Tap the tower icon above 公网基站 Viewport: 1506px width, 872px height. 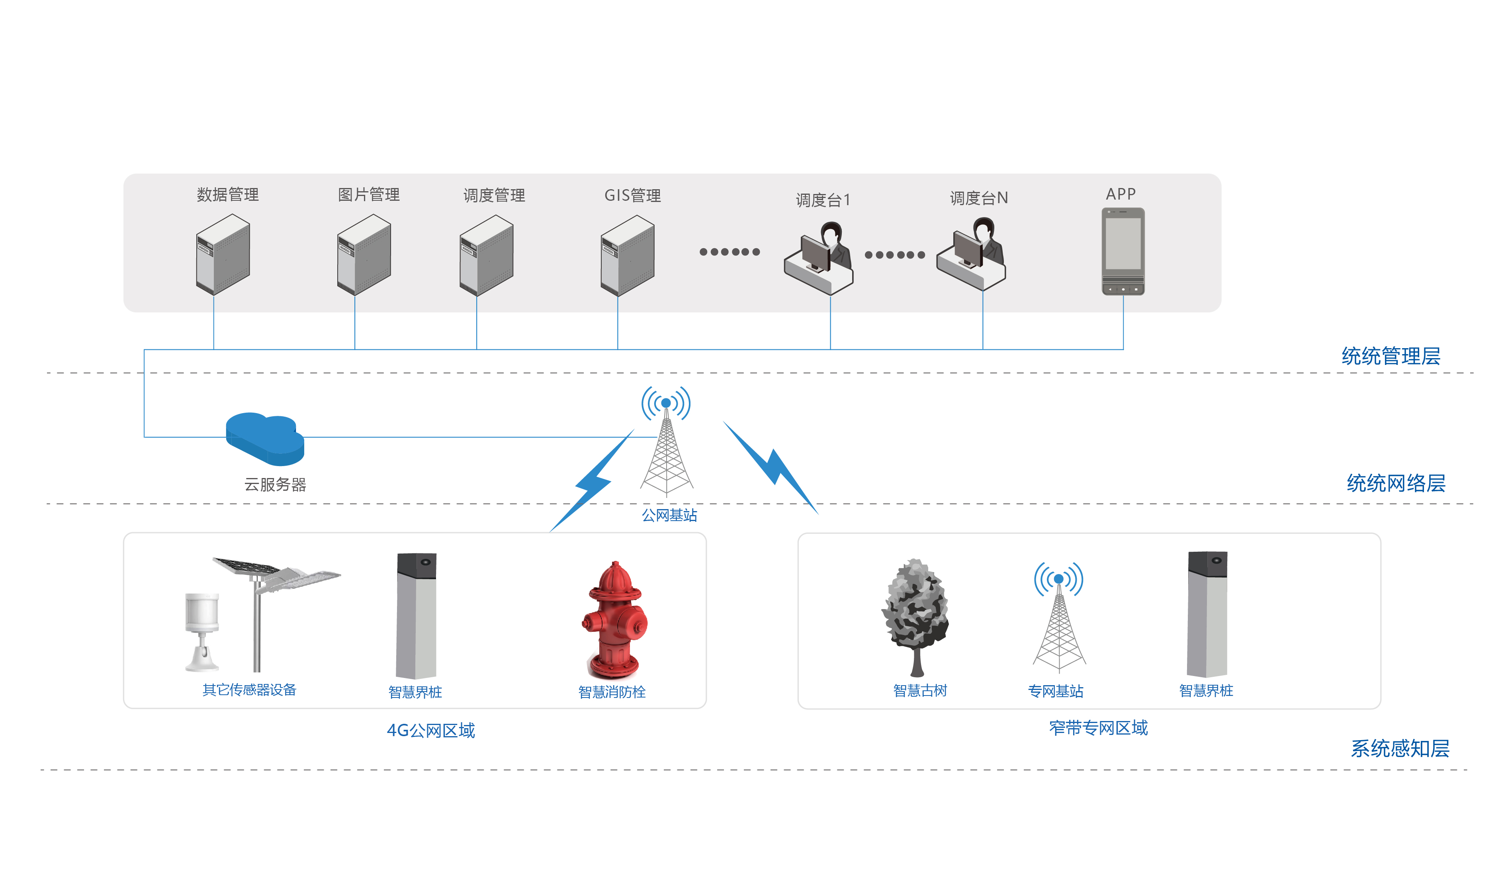click(666, 442)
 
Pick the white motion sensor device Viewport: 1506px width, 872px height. click(201, 631)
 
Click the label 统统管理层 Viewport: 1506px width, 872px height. click(1390, 356)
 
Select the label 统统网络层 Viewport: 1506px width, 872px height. click(1395, 483)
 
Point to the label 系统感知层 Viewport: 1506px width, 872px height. click(1400, 748)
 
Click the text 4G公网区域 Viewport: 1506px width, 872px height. click(430, 730)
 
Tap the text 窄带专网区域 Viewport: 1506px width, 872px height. click(1098, 728)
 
